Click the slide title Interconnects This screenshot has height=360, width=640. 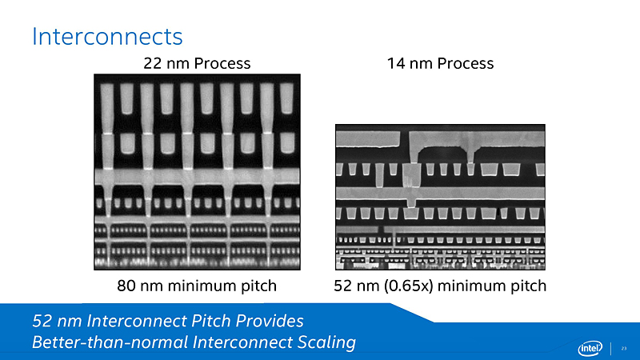point(107,36)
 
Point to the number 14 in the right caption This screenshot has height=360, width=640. point(395,63)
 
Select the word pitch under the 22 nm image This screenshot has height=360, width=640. point(258,286)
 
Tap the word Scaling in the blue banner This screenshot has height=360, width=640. point(326,343)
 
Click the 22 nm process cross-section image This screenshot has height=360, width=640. point(197,172)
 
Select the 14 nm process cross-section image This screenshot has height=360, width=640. point(439,198)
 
